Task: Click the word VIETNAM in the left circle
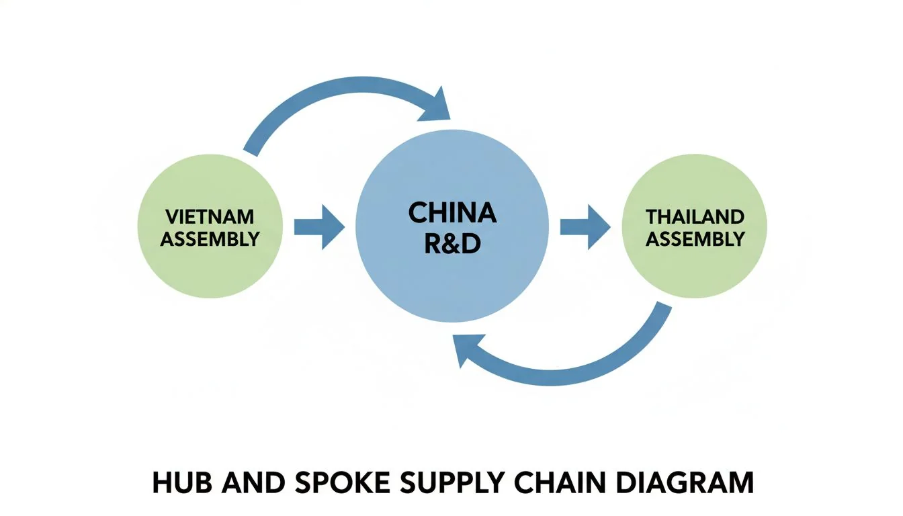click(210, 217)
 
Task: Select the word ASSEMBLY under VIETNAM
click(210, 239)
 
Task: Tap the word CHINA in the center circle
click(452, 214)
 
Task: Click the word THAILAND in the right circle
click(695, 217)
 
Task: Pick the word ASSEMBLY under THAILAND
click(695, 239)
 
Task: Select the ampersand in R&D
click(452, 244)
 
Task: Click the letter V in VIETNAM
click(170, 217)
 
